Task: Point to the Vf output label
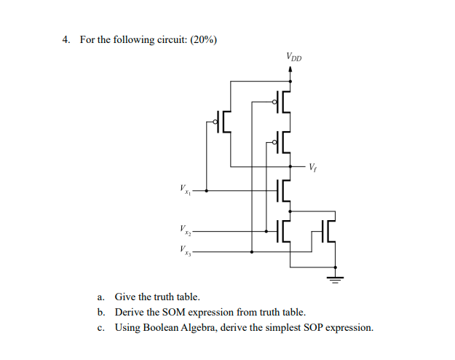(313, 167)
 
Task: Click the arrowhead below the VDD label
(291, 71)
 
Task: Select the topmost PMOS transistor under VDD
(282, 102)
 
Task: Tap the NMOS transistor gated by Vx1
(283, 191)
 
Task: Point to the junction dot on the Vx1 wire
(206, 191)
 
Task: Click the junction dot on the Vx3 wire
(252, 252)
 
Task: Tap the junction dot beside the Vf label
(291, 166)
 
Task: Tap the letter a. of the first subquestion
(101, 297)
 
